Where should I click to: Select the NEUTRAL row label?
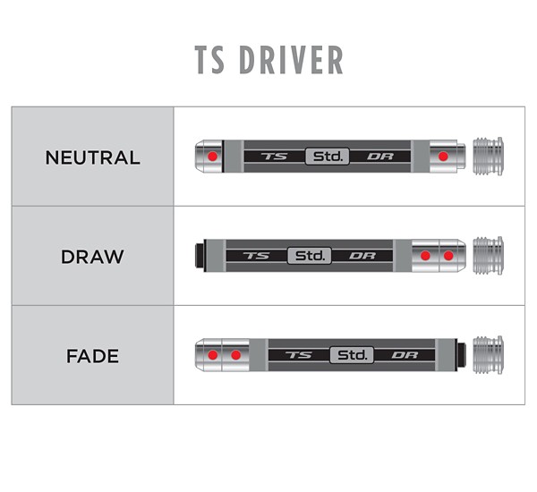[92, 157]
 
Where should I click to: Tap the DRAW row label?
[92, 257]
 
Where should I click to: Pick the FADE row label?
[92, 355]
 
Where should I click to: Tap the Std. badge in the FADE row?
[353, 355]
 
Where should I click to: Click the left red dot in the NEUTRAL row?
[212, 157]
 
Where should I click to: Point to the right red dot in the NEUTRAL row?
[442, 157]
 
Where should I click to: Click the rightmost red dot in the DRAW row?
[448, 256]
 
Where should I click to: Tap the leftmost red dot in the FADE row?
[213, 355]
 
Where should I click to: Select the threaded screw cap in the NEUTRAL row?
[488, 157]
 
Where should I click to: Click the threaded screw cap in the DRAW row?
[488, 256]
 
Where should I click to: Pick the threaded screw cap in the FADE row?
[488, 355]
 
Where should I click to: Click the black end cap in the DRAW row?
[200, 256]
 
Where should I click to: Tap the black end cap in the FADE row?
[461, 355]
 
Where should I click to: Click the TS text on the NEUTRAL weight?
[269, 157]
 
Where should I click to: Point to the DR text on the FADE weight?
[405, 355]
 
